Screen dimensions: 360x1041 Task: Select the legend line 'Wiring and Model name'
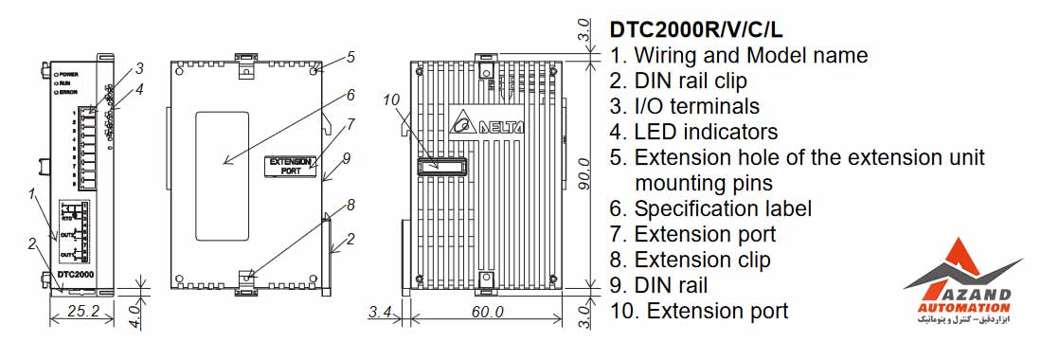tap(739, 55)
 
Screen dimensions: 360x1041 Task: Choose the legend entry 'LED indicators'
tap(694, 132)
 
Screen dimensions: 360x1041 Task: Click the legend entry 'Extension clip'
tap(691, 259)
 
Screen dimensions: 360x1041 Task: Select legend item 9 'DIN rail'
tap(659, 284)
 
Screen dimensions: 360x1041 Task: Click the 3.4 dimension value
tap(380, 310)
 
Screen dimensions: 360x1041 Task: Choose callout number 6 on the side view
tap(350, 95)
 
